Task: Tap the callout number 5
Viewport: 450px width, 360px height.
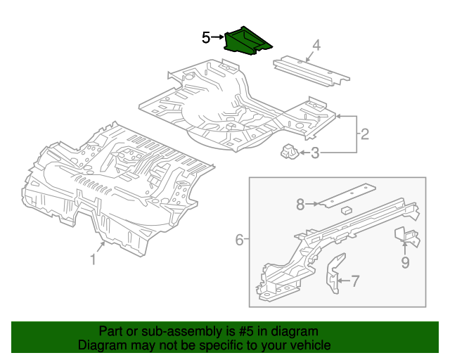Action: click(x=206, y=37)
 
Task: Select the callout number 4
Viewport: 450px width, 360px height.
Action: click(x=316, y=46)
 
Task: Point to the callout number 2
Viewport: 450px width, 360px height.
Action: click(x=364, y=133)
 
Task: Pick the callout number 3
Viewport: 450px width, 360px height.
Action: click(x=315, y=153)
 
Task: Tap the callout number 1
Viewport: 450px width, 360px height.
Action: click(x=93, y=260)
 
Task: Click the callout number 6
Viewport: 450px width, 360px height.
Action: click(x=239, y=240)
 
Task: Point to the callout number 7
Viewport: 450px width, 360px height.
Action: click(x=354, y=282)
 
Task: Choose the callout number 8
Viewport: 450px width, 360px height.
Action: click(x=300, y=205)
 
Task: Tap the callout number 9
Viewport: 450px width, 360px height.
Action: click(x=405, y=263)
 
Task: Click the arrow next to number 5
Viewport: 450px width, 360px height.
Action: click(x=217, y=37)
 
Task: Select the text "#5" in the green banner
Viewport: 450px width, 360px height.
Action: click(x=247, y=331)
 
